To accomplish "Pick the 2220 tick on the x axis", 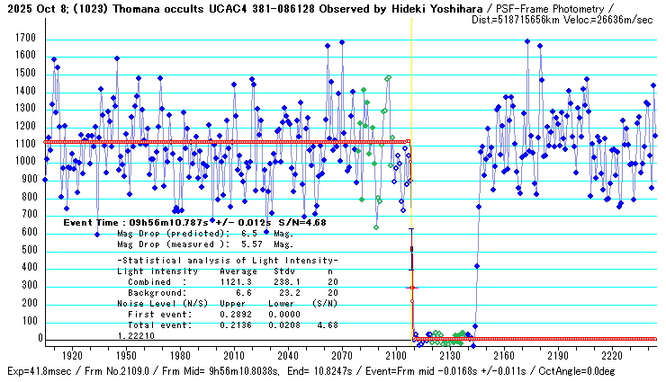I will (x=610, y=355).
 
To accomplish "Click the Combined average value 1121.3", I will (x=237, y=281).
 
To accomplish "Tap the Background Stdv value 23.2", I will (x=287, y=292).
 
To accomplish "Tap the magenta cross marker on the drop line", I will (x=411, y=288).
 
